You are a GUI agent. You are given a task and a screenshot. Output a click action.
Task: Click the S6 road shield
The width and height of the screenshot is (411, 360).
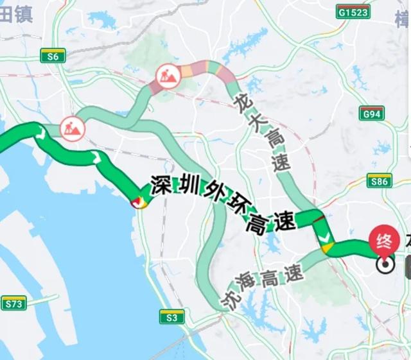click(53, 56)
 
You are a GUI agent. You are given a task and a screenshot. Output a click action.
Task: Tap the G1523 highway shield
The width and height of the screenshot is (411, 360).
click(353, 12)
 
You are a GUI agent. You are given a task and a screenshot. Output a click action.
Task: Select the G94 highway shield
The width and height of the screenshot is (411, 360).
click(372, 115)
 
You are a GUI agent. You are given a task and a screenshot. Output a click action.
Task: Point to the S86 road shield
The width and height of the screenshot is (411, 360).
click(380, 181)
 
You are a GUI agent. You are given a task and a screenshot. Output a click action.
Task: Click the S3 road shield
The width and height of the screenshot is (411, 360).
click(171, 316)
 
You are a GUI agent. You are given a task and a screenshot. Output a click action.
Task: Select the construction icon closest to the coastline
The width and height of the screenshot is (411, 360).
click(72, 128)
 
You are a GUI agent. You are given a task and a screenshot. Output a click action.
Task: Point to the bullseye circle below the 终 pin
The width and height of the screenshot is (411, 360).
click(385, 265)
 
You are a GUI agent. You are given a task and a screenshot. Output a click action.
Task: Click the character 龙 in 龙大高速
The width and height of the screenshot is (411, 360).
click(242, 102)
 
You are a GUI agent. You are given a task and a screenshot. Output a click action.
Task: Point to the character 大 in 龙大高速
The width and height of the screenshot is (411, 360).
click(256, 123)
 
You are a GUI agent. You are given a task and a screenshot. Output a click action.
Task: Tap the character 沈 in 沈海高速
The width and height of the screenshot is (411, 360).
click(235, 301)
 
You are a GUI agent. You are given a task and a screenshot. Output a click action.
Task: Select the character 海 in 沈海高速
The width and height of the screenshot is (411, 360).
click(249, 284)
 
